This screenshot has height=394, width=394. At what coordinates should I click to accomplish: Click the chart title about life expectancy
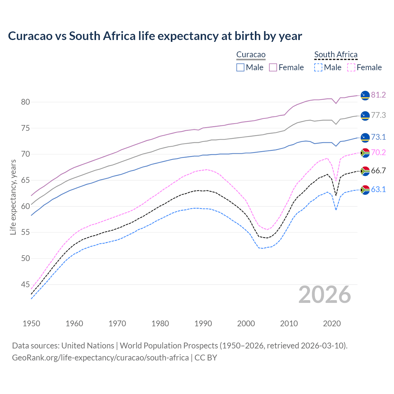[x=155, y=36]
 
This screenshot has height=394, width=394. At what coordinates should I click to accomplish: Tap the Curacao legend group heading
[x=251, y=55]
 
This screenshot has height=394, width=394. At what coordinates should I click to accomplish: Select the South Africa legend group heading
[x=336, y=55]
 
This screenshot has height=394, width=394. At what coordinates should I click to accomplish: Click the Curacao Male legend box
[x=240, y=67]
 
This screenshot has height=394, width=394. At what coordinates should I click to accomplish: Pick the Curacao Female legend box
[x=273, y=67]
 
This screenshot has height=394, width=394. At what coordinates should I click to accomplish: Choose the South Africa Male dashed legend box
[x=318, y=67]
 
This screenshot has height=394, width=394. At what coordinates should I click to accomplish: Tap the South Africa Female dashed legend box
[x=351, y=67]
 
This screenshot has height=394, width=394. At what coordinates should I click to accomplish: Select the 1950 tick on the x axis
[x=31, y=324]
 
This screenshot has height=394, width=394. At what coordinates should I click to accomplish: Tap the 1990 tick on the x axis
[x=203, y=324]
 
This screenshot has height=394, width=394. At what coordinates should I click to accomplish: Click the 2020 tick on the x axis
[x=332, y=324]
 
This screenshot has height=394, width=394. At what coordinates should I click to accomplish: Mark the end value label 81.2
[x=378, y=95]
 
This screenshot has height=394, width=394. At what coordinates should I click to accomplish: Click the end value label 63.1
[x=378, y=190]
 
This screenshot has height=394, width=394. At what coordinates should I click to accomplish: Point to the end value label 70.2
[x=378, y=153]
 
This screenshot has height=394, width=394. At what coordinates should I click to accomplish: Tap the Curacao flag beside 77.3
[x=365, y=116]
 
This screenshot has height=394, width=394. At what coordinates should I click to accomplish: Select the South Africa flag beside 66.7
[x=365, y=171]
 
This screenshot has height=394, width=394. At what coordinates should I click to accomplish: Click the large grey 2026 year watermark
[x=324, y=295]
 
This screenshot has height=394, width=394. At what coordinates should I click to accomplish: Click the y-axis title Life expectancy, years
[x=13, y=197]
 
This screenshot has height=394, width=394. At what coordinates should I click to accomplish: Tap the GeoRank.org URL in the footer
[x=100, y=358]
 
